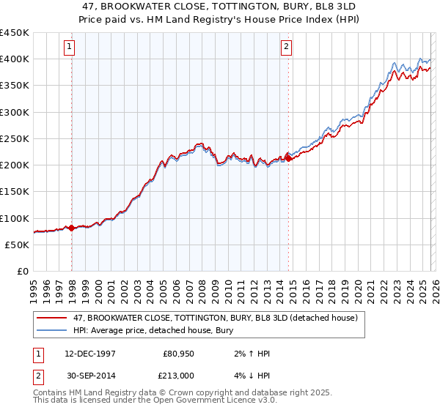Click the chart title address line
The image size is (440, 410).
tap(219, 6)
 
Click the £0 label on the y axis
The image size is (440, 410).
tap(22, 271)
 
